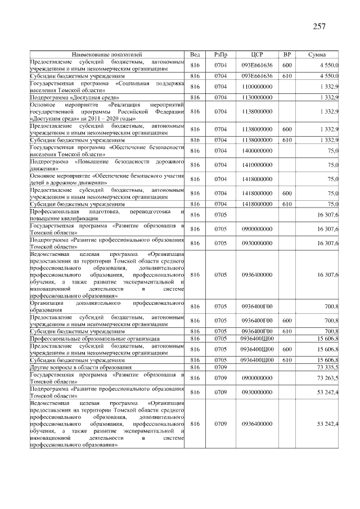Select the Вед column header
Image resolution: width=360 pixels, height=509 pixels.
195,55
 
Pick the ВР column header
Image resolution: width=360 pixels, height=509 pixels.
286,55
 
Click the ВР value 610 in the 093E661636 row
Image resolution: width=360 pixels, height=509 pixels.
286,75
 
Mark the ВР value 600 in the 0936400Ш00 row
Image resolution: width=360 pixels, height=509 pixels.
286,349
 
